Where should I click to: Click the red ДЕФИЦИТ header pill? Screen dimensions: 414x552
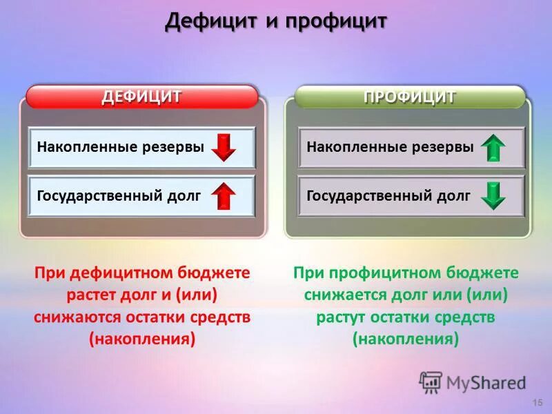(141, 97)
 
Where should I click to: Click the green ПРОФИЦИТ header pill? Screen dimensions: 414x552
(410, 97)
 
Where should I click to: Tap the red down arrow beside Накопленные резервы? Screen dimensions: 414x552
(224, 148)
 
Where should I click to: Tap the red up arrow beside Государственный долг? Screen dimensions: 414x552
(224, 196)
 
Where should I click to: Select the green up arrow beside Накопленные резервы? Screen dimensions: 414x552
(493, 148)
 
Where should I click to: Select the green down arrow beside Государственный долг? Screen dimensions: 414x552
(493, 195)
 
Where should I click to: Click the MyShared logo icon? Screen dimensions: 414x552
(431, 382)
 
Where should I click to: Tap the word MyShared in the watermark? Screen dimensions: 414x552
(486, 382)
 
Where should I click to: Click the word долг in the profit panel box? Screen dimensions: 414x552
(453, 195)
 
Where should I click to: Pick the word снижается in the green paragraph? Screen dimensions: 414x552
(338, 295)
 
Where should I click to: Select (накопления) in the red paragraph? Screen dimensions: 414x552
(142, 339)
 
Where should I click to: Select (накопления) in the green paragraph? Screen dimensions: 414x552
(406, 339)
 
